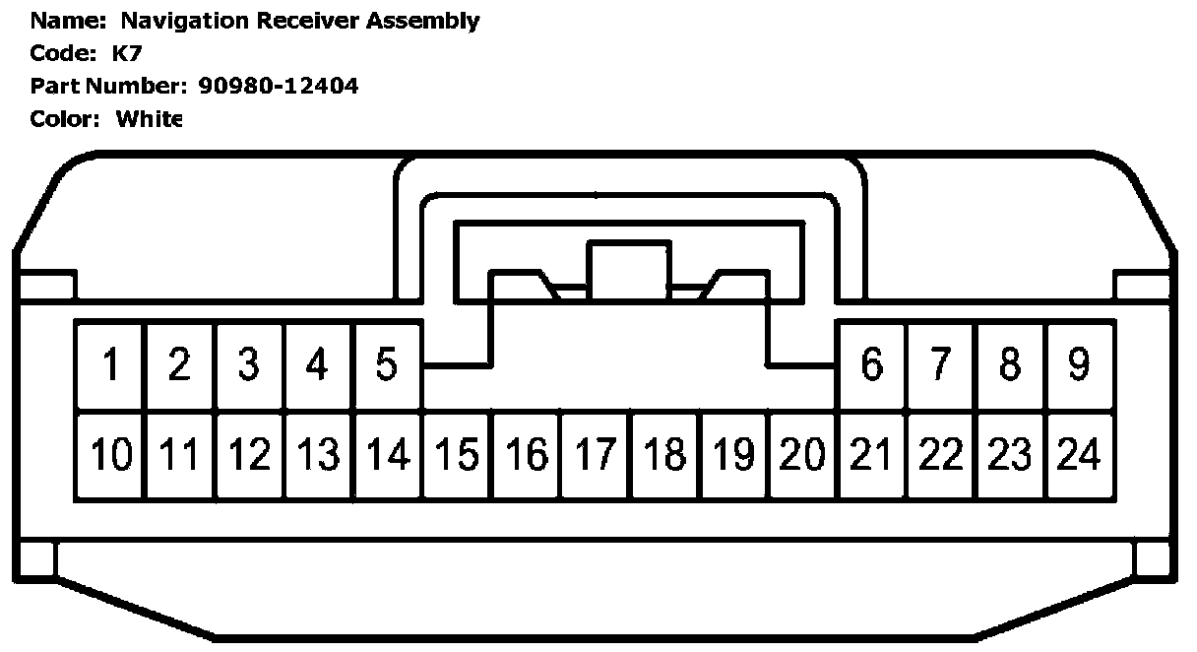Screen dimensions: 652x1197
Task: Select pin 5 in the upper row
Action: click(x=387, y=365)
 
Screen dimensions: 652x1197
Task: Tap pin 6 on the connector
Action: click(x=872, y=365)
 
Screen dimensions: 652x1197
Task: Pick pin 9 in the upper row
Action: click(x=1080, y=365)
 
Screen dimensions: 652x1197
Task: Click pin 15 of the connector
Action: click(x=457, y=456)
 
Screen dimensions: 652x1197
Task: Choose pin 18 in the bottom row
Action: click(x=665, y=456)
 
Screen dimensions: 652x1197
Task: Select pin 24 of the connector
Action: click(x=1080, y=456)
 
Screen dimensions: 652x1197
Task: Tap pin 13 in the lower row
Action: click(x=318, y=456)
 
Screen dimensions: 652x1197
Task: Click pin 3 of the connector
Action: click(x=249, y=365)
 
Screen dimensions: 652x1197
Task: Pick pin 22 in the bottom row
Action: click(x=942, y=456)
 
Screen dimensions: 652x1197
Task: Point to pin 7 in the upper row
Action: click(x=942, y=365)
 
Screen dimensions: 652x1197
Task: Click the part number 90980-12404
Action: click(x=279, y=86)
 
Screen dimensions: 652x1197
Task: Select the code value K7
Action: click(x=128, y=53)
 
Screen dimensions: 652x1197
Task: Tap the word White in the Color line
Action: click(x=149, y=119)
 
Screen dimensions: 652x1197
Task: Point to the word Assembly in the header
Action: click(x=424, y=21)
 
